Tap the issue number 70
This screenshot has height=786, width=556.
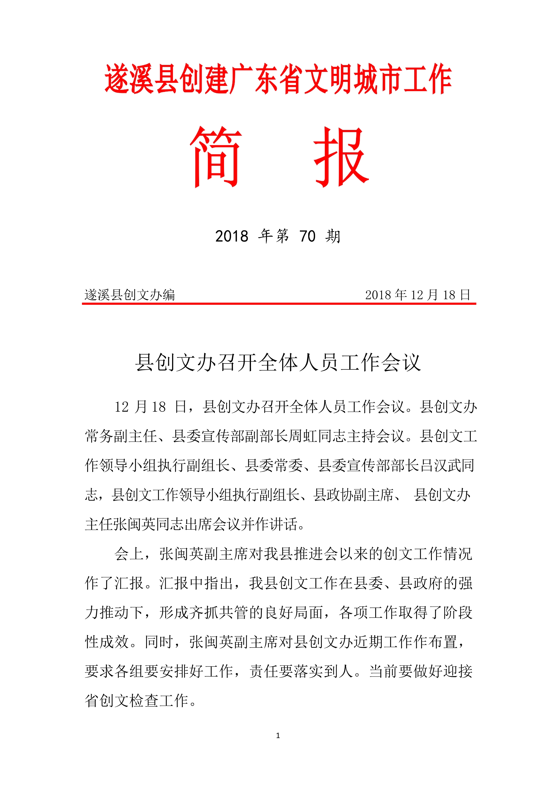307,236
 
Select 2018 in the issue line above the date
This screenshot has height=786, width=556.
231,236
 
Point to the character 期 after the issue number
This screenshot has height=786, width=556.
333,236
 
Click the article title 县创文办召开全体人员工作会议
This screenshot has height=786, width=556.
278,363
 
